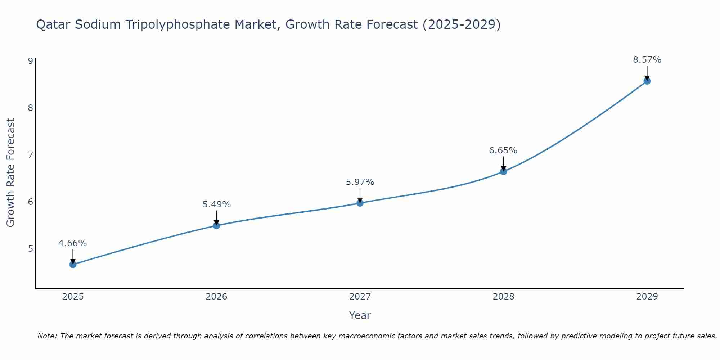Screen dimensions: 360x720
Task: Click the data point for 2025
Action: pyautogui.click(x=73, y=265)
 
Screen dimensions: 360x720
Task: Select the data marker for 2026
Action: pyautogui.click(x=216, y=226)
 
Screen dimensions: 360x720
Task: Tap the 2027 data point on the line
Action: pyautogui.click(x=360, y=203)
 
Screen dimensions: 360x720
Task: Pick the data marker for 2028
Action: pyautogui.click(x=503, y=171)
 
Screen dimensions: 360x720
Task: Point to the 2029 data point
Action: pyautogui.click(x=647, y=81)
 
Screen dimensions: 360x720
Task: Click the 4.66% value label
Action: pyautogui.click(x=73, y=243)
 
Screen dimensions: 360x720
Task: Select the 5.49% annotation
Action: pyautogui.click(x=216, y=204)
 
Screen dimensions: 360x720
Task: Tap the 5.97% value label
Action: pyautogui.click(x=360, y=182)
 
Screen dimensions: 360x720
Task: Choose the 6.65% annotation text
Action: pyautogui.click(x=503, y=150)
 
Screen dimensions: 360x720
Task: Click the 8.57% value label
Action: pyautogui.click(x=647, y=60)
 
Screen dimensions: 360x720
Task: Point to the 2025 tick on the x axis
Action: pyautogui.click(x=73, y=297)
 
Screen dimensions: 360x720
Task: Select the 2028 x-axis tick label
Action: pyautogui.click(x=503, y=297)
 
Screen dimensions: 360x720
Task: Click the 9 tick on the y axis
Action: pyautogui.click(x=30, y=61)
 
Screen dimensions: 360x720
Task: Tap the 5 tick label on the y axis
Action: pyautogui.click(x=30, y=249)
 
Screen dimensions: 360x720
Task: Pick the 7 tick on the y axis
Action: pyautogui.click(x=30, y=155)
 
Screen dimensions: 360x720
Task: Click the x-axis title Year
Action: pyautogui.click(x=360, y=315)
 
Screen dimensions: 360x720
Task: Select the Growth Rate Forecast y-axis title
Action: pyautogui.click(x=11, y=173)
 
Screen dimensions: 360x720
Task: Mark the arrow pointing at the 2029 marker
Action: pyautogui.click(x=647, y=73)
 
